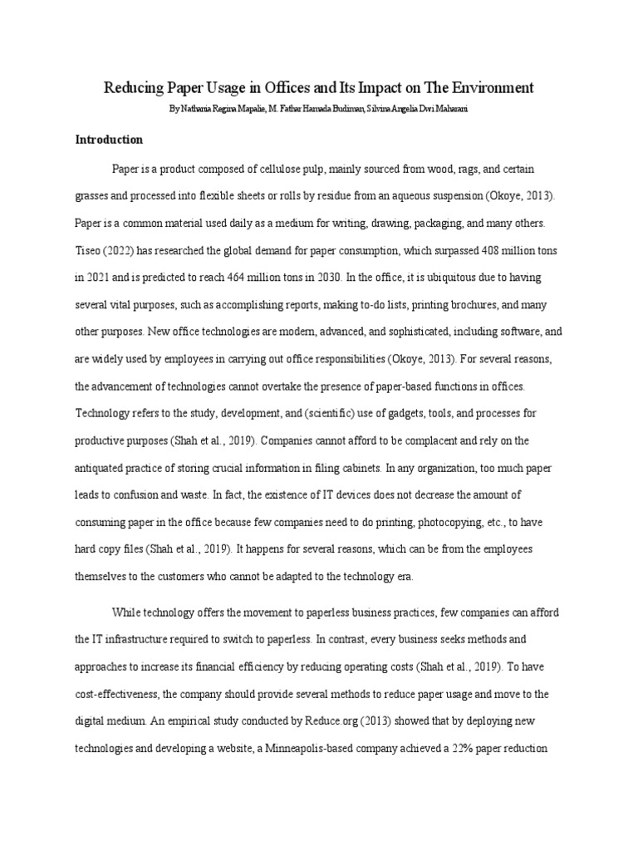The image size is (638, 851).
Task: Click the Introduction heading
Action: click(x=110, y=140)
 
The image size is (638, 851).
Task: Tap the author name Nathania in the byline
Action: click(x=199, y=109)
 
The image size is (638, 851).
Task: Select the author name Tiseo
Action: click(x=89, y=252)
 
